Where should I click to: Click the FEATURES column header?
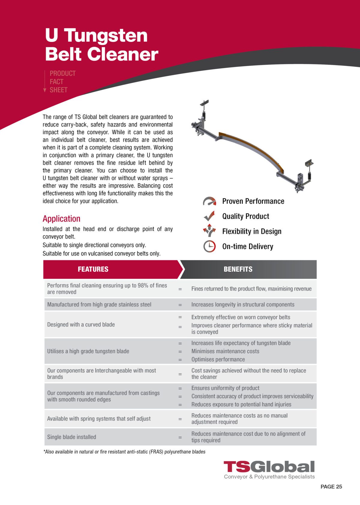(x=93, y=269)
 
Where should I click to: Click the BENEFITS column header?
(x=238, y=269)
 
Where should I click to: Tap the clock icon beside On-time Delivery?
(x=209, y=247)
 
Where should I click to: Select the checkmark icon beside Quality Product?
(x=209, y=216)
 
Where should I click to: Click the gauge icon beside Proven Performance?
(x=209, y=201)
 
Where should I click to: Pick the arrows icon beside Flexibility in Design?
(x=209, y=231)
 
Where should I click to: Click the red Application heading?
(x=61, y=219)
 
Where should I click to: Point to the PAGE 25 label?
(x=331, y=487)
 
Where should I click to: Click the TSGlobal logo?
(x=269, y=467)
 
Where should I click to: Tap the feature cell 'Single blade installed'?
(x=72, y=437)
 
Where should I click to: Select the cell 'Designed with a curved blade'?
(x=81, y=324)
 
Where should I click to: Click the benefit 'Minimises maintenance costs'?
(x=225, y=351)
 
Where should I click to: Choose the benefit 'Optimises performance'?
(x=218, y=359)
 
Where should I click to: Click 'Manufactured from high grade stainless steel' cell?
(x=99, y=305)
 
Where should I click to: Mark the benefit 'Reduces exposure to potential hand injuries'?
(x=241, y=404)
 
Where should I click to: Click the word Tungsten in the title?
(x=106, y=35)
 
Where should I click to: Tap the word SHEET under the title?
(x=58, y=90)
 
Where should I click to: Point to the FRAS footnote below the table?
(x=124, y=452)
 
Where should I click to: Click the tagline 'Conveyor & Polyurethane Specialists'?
(x=269, y=477)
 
